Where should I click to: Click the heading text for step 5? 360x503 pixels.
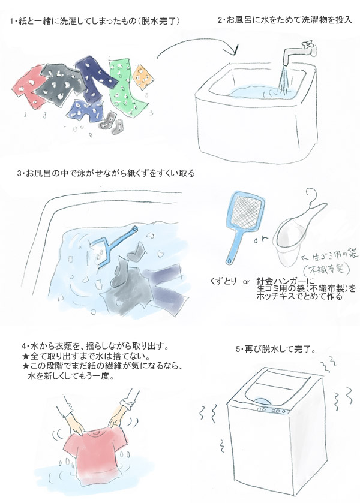[x=275, y=350]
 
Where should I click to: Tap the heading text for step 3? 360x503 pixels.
[x=106, y=173]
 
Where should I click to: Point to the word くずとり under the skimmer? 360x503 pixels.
[x=223, y=282]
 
